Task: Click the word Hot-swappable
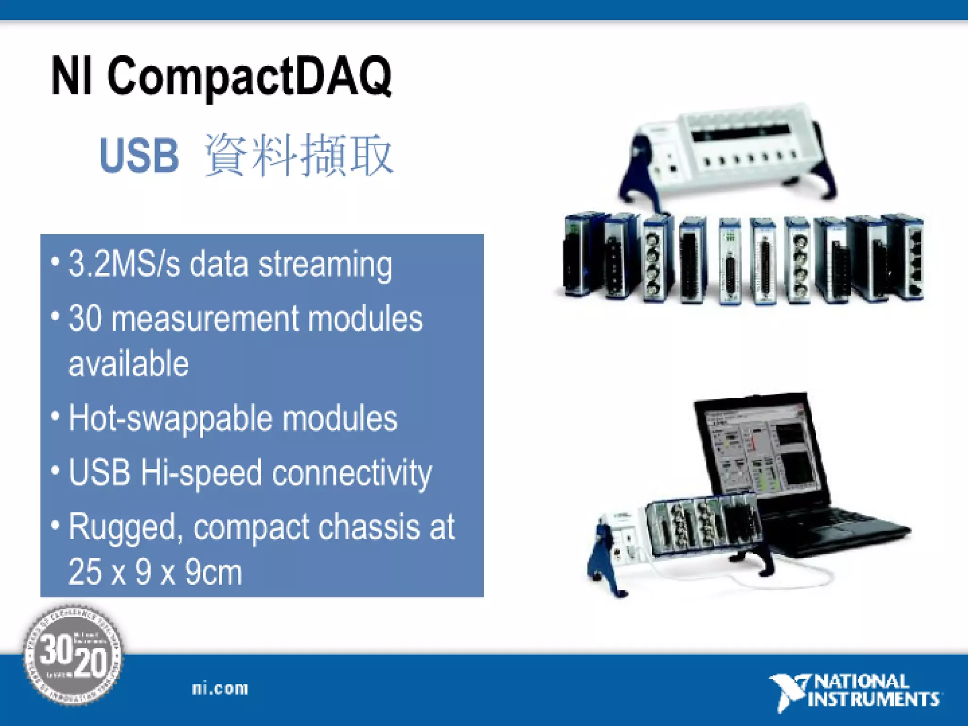(171, 419)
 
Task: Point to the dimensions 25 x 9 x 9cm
(155, 572)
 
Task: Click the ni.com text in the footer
(220, 688)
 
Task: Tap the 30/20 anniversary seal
(73, 656)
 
